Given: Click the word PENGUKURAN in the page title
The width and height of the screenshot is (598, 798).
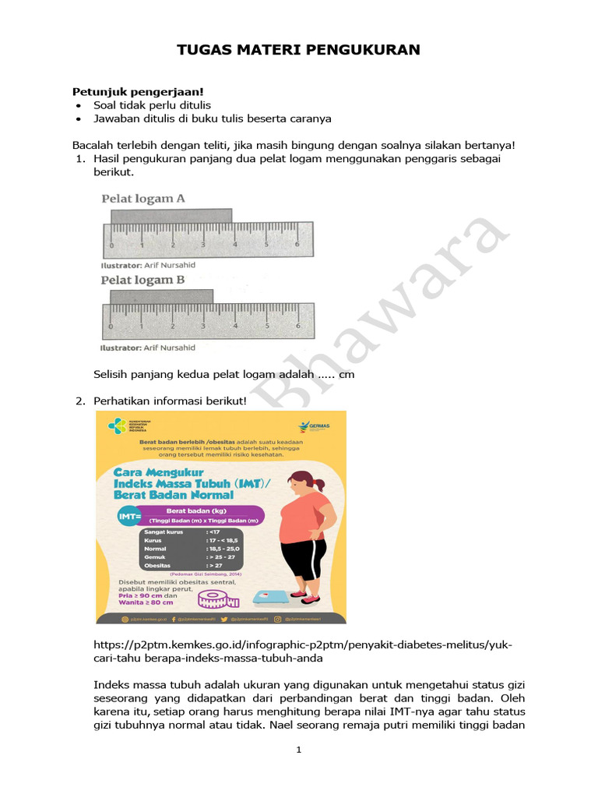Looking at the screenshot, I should point(367,50).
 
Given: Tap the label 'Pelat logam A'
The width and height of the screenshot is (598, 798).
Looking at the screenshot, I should point(143,199).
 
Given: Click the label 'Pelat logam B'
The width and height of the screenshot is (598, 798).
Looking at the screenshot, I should point(142,280).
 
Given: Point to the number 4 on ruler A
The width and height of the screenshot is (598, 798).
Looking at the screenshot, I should point(236,245).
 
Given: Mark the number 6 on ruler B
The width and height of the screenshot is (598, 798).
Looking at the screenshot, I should point(297,327).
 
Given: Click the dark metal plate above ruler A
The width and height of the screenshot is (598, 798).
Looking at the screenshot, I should point(171,215).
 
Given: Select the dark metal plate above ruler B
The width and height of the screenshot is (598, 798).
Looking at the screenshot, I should point(161,296).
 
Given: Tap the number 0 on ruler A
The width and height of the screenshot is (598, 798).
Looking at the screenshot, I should point(111,245).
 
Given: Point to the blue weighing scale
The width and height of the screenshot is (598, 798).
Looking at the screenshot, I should point(268,598).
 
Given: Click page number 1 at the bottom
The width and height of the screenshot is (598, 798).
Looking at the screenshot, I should point(299,750).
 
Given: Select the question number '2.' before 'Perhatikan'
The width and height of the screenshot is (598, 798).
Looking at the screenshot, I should point(80,401).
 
